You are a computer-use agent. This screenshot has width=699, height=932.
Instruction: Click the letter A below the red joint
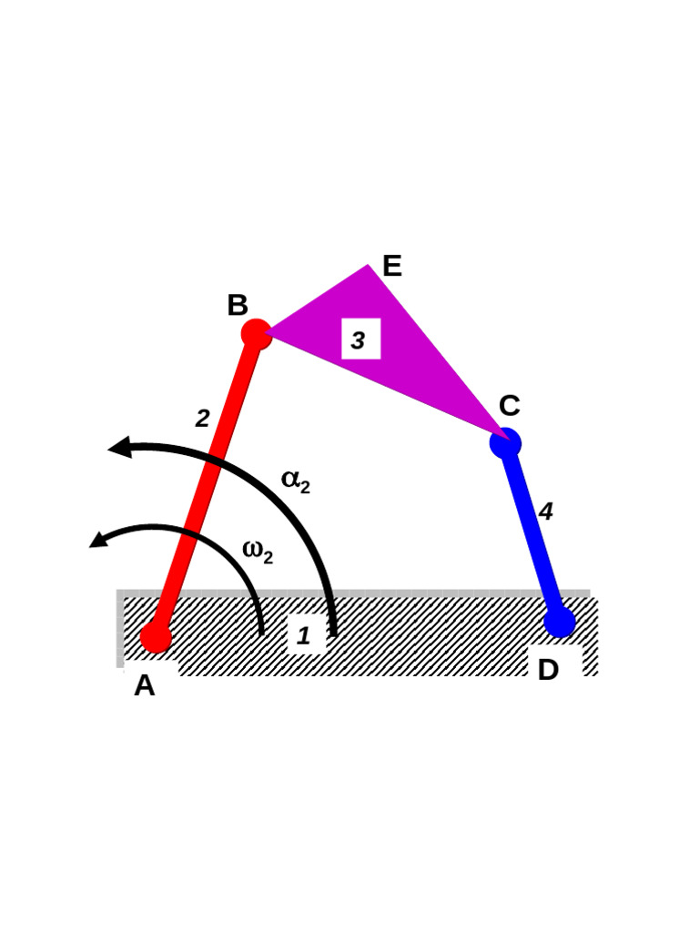pos(144,685)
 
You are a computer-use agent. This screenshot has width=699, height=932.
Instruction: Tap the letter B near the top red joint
pos(238,306)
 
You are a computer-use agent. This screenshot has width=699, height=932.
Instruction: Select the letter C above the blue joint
pos(509,406)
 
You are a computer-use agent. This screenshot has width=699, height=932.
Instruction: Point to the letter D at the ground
pos(548,671)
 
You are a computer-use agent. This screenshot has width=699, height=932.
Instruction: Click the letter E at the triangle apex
pos(391,267)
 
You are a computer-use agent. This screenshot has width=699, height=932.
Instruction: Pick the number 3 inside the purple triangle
pos(359,340)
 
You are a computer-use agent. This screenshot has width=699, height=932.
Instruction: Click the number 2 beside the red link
pos(202,419)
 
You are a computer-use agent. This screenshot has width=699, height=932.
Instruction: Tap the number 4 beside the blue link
pos(545,512)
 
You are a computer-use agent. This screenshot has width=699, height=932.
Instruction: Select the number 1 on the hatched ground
pos(304,636)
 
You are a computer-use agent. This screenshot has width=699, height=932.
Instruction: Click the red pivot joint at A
pos(156,636)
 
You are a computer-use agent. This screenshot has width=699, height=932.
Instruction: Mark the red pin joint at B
pos(257,334)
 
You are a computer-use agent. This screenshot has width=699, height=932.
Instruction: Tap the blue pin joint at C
pos(505,443)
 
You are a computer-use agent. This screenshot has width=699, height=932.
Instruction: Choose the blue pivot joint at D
pos(560,622)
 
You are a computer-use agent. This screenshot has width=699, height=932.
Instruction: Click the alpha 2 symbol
pos(295,481)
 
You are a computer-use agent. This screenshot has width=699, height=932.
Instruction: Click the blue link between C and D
pos(532,532)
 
